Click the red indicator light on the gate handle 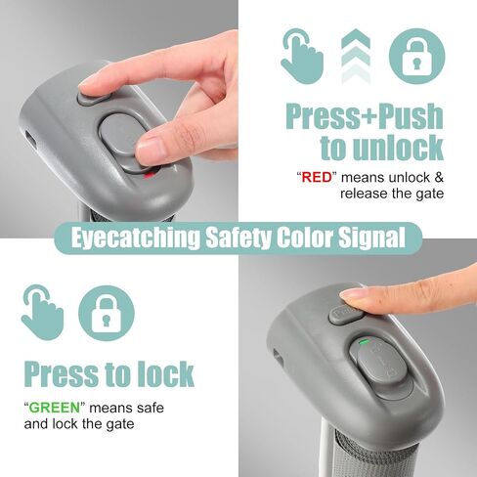tap(150, 175)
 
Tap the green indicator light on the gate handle tap(364, 342)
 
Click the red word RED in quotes tap(317, 178)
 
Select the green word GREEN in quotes tap(55, 408)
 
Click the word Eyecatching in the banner tap(135, 238)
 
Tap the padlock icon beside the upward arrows tap(416, 57)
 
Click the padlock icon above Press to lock tap(107, 313)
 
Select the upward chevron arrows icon tap(356, 56)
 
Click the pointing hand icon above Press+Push tap(302, 56)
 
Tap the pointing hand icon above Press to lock tap(42, 313)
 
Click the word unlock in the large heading tap(398, 148)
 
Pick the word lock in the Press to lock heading tap(165, 373)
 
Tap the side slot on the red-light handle tap(31, 139)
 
